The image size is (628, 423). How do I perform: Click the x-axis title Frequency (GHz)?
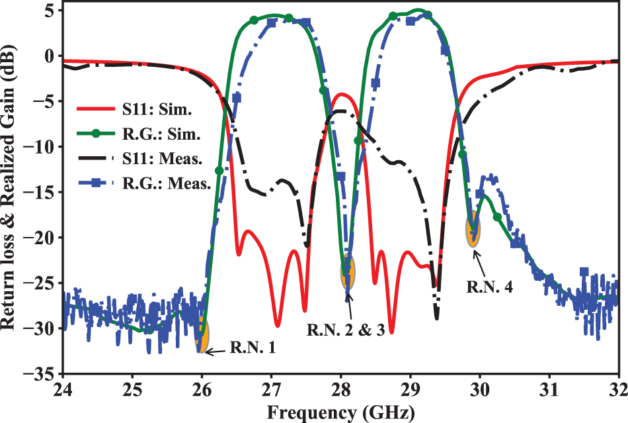click(341, 412)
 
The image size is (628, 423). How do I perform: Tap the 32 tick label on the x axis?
click(617, 387)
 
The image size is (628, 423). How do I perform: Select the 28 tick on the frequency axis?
click(340, 387)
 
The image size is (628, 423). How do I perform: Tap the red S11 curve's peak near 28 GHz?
click(341, 94)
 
